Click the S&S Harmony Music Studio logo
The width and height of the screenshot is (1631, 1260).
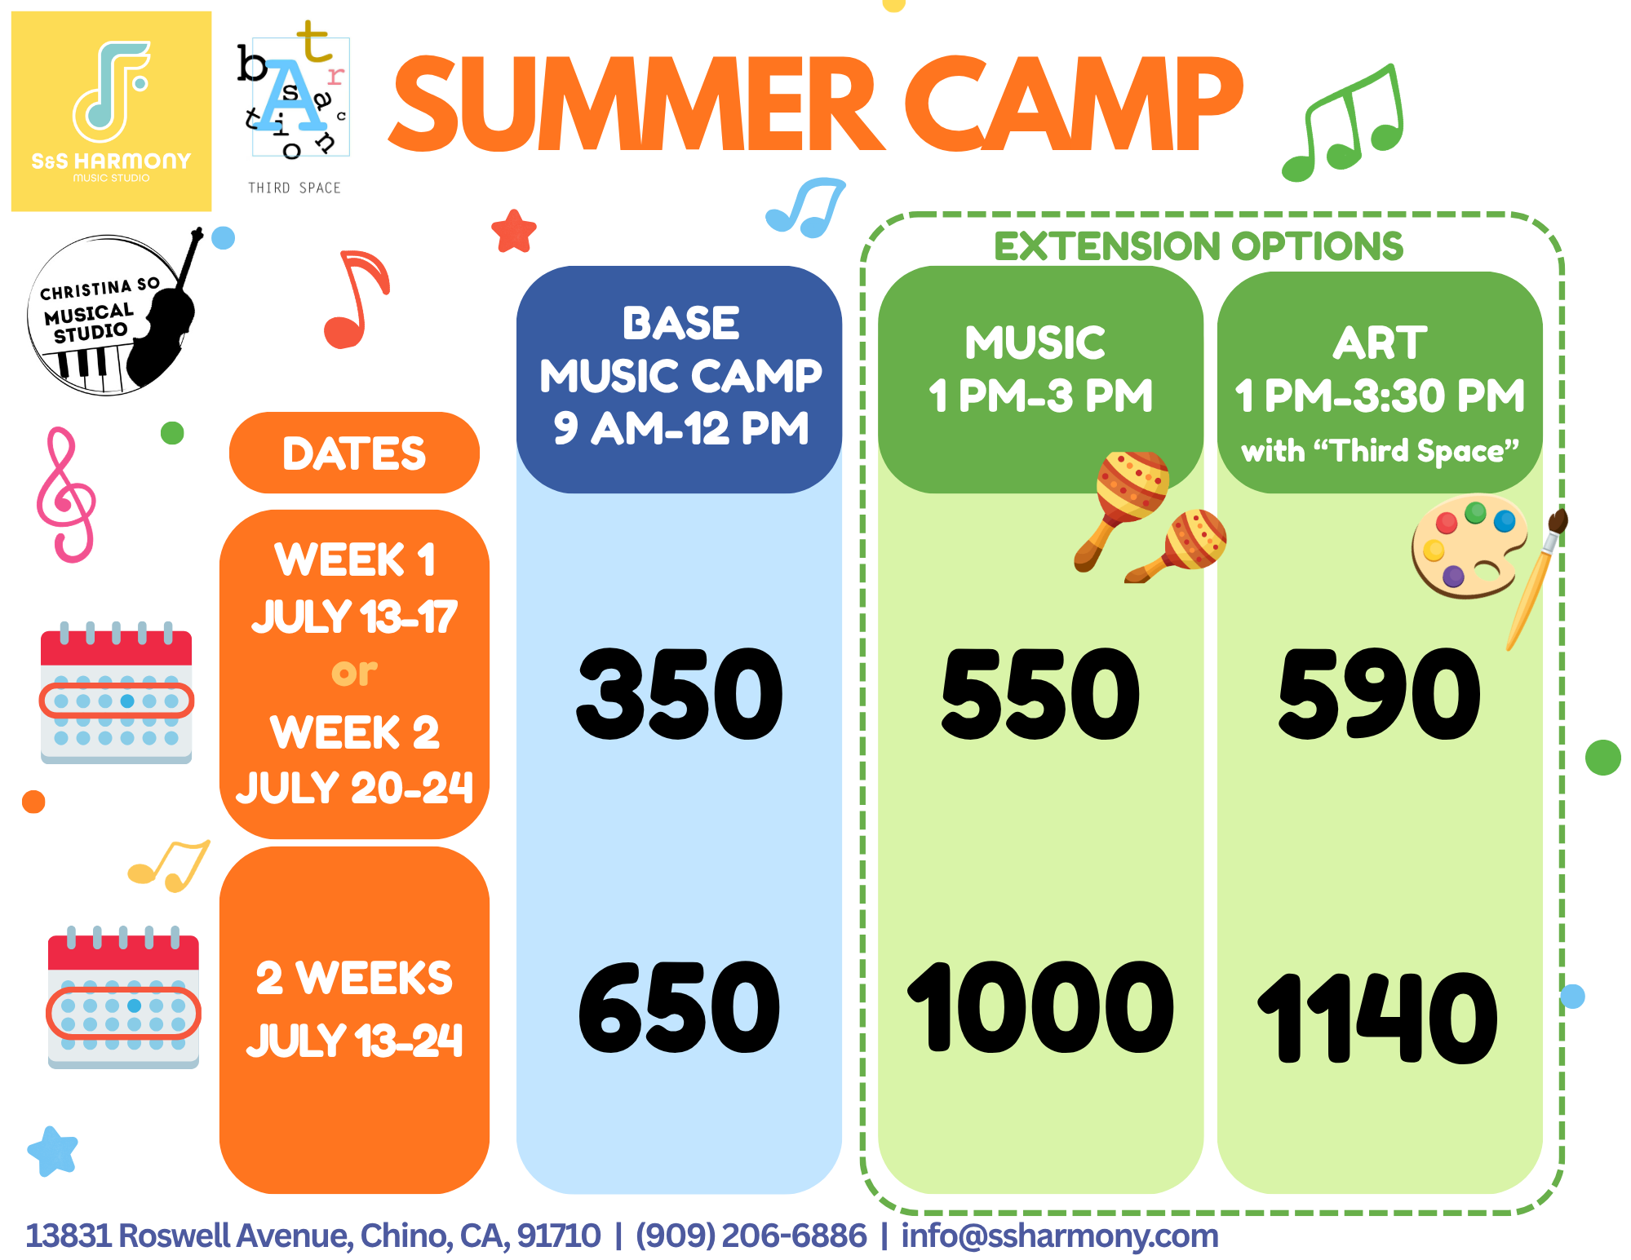111,111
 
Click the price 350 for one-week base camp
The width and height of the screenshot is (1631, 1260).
679,693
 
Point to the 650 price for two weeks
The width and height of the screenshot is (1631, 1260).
679,1006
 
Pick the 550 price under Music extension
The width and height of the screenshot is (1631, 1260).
1040,693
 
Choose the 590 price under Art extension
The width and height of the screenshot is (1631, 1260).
1379,693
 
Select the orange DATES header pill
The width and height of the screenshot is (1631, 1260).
354,453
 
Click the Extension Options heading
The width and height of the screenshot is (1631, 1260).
1199,246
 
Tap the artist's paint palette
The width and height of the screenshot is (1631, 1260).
1469,546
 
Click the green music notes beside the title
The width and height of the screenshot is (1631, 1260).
1343,122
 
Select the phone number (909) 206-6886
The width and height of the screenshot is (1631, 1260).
751,1236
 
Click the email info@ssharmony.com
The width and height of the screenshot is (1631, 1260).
1060,1236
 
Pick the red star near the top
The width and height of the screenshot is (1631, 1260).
514,232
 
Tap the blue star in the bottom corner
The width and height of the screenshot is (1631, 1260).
53,1151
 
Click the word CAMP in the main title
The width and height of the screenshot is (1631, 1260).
1073,104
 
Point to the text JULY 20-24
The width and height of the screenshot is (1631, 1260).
354,788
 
